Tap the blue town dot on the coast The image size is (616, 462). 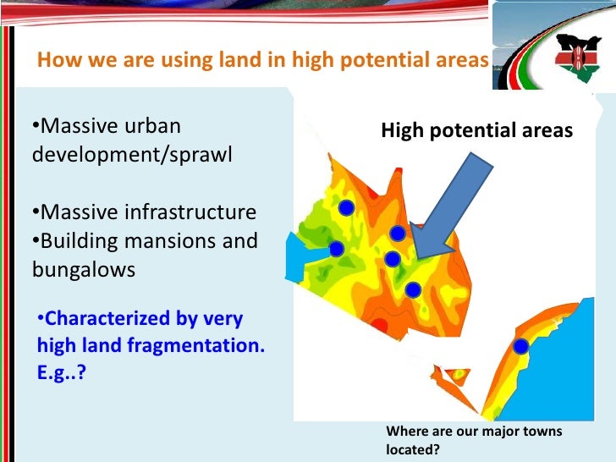coord(521,346)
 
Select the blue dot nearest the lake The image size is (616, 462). coord(336,249)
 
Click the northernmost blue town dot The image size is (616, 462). coord(345,207)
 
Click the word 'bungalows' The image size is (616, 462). coord(84,270)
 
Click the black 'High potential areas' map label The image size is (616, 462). coord(476,130)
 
